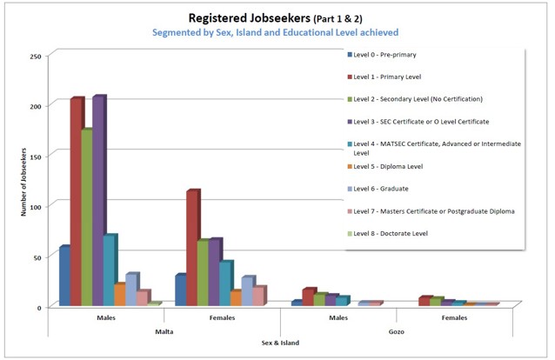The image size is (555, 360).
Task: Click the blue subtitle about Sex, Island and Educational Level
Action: (x=276, y=32)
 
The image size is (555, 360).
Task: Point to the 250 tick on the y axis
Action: (x=36, y=57)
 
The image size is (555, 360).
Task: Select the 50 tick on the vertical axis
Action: (x=37, y=257)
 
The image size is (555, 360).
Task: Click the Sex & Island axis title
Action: (x=280, y=343)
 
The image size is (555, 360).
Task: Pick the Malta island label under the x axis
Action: (x=164, y=330)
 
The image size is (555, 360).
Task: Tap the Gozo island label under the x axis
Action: (x=396, y=330)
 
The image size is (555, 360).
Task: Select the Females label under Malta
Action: (x=222, y=317)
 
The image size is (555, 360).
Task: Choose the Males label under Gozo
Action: (x=338, y=317)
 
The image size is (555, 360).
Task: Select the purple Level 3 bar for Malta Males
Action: (x=98, y=200)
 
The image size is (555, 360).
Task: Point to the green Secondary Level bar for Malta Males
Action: (x=87, y=217)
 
